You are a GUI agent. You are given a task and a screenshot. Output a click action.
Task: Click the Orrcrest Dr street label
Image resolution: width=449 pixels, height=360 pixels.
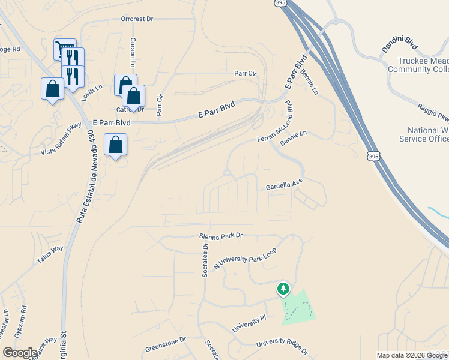tap(137, 19)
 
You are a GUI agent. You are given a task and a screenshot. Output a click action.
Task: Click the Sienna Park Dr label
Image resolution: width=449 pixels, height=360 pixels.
tap(221, 236)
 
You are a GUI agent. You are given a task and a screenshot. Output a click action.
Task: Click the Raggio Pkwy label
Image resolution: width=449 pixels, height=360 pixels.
tap(433, 112)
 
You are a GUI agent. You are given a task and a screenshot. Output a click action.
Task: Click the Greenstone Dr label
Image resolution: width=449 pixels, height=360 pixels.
tap(166, 347)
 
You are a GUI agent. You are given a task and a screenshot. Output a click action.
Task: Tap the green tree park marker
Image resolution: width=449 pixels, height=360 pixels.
tap(283, 289)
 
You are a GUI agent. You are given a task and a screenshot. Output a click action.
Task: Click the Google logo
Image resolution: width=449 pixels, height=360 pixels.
tap(20, 353)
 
